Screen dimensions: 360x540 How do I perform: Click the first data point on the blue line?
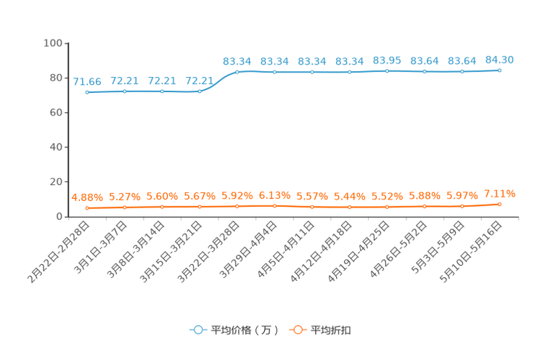point(87,92)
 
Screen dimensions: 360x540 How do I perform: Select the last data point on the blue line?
point(499,70)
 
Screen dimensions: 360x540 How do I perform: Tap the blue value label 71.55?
point(87,81)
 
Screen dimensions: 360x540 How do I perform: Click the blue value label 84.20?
point(499,59)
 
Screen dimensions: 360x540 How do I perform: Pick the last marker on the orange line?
point(499,204)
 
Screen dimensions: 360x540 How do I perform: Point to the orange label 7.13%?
point(499,193)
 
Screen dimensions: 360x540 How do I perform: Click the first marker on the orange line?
point(87,208)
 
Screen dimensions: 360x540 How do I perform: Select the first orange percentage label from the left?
point(87,197)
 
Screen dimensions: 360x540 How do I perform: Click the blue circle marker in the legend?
point(197,330)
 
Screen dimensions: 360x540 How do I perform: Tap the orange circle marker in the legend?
point(297,330)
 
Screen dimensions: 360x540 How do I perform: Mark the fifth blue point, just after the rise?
point(237,72)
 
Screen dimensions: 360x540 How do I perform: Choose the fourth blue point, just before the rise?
point(200,91)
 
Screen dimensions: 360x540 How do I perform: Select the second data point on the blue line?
point(125,91)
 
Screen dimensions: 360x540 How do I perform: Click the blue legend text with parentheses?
point(245,330)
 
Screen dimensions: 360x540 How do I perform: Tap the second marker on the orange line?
point(125,207)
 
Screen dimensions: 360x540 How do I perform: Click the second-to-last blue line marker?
point(462,71)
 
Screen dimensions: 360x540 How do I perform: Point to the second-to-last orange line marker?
point(462,206)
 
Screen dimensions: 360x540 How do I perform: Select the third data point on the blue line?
point(163,91)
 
